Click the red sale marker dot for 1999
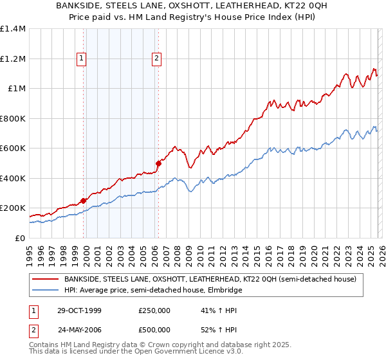pos(84,201)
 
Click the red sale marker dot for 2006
pos(158,163)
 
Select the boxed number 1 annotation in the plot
pos(82,59)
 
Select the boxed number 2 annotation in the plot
pos(156,59)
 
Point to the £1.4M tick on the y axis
pos(13,29)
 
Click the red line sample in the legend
pos(45,279)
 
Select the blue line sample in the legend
pos(45,290)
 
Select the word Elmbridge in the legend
pos(224,290)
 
